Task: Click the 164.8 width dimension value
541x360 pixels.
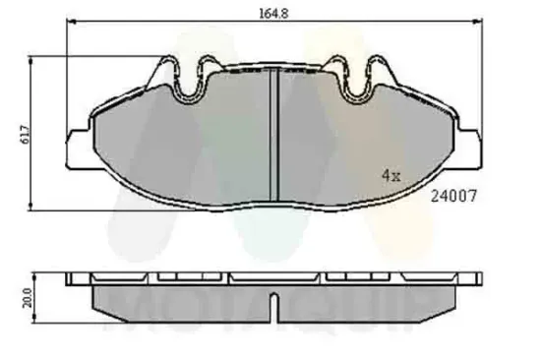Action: coord(271,14)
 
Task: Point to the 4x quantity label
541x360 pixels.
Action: coord(391,176)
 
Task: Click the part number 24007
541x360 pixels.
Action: coord(454,195)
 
